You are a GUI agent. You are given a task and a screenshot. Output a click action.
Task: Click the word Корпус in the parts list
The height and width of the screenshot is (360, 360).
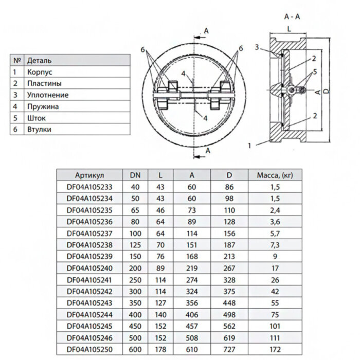point(40,73)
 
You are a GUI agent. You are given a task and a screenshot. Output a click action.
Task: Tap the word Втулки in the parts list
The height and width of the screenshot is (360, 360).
point(39,130)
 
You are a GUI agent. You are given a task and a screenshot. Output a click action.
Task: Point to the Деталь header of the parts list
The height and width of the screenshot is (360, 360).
point(39,61)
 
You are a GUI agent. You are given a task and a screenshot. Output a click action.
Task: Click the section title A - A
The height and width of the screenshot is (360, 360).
point(292,16)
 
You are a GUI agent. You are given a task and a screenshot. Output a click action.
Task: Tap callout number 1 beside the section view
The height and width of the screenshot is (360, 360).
point(249,146)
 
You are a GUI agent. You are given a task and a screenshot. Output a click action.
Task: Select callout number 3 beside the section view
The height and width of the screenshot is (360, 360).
point(256,47)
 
